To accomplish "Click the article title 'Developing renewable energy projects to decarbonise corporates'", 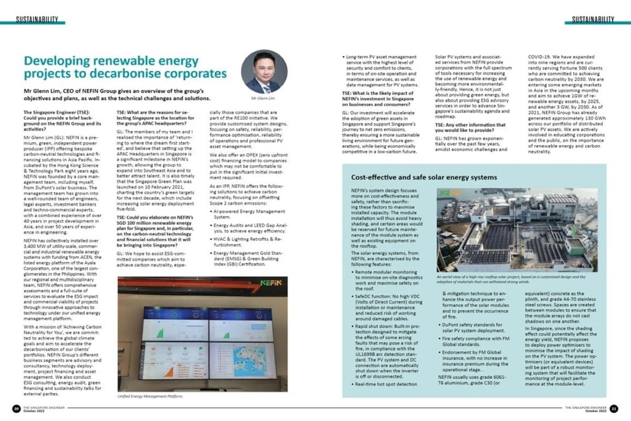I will click(x=126, y=66).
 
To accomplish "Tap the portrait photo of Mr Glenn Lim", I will click(x=264, y=72).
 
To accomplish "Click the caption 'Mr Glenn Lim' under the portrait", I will click(x=264, y=98).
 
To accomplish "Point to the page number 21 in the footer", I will click(x=615, y=409).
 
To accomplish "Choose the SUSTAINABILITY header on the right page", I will click(x=590, y=19).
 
